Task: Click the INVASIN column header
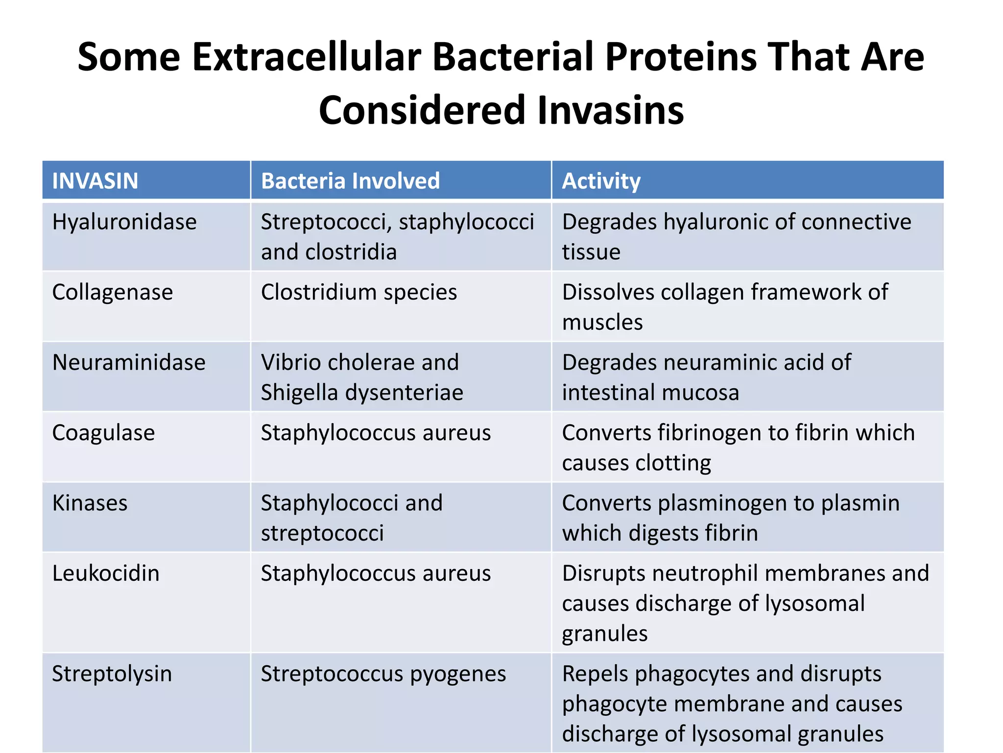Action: [x=95, y=181]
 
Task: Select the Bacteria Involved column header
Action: [x=350, y=181]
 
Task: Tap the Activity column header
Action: [x=601, y=181]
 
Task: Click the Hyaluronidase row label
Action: [x=124, y=222]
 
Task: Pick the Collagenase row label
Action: [x=113, y=293]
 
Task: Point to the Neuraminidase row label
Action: [x=129, y=363]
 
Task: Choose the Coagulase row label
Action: [x=103, y=433]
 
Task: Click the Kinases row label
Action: [x=90, y=503]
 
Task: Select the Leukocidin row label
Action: [x=106, y=574]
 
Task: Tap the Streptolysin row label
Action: [x=112, y=674]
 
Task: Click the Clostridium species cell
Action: [x=358, y=293]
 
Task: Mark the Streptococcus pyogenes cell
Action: [x=383, y=674]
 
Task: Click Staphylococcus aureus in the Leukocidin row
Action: [x=376, y=574]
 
